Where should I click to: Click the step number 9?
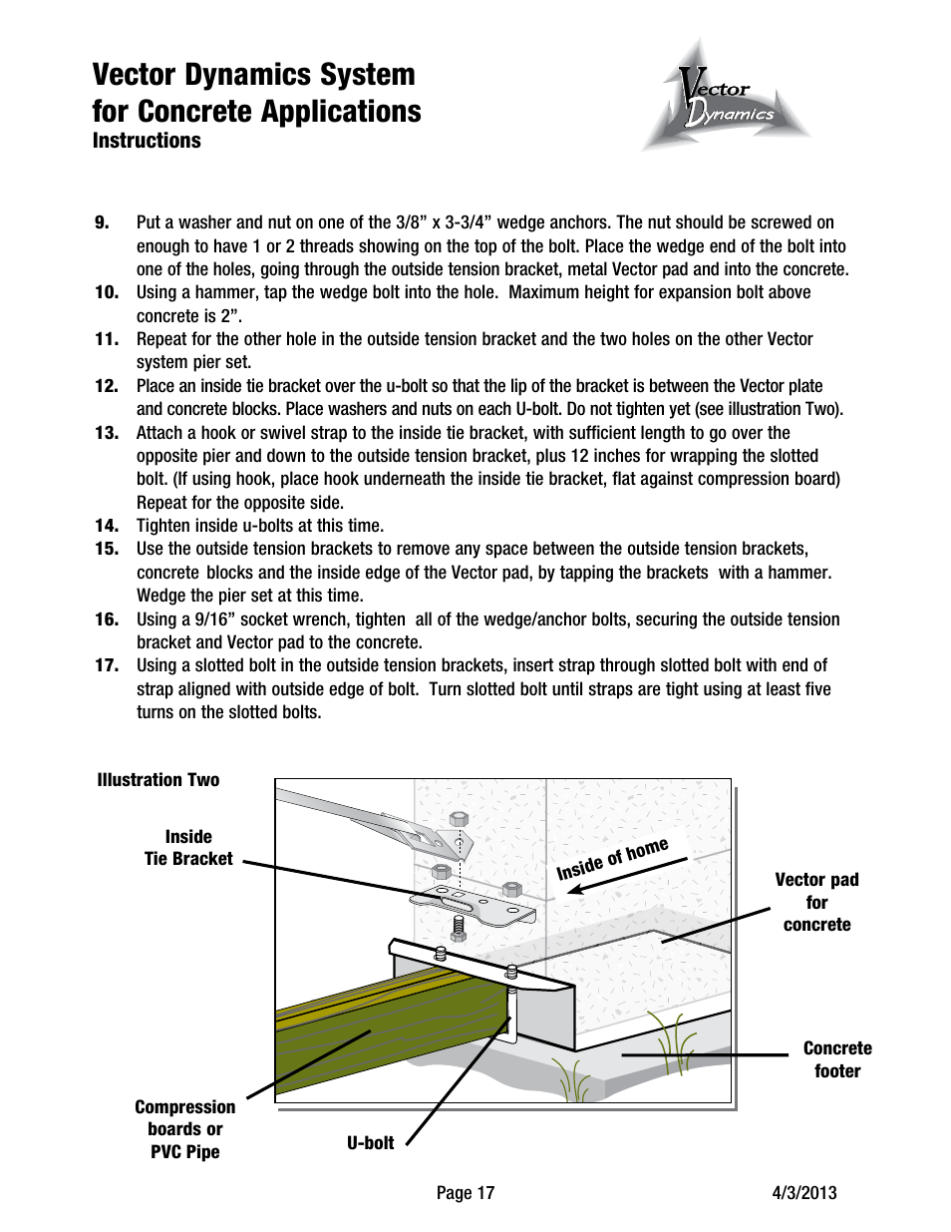click(x=102, y=222)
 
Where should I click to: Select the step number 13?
click(x=106, y=433)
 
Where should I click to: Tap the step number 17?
click(x=106, y=665)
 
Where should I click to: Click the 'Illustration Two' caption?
click(x=158, y=780)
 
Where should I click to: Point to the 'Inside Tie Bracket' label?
click(x=188, y=848)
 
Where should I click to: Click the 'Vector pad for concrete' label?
click(x=816, y=902)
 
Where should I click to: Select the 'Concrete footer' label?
click(x=836, y=1059)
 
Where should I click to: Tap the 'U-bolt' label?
click(x=370, y=1143)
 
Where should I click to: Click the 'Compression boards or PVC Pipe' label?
click(x=185, y=1129)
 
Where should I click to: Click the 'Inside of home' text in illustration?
click(x=612, y=858)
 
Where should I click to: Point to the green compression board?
click(x=389, y=1027)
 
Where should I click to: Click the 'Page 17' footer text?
click(x=465, y=1193)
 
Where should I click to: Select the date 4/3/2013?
click(x=804, y=1193)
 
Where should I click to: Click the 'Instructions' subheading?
click(x=147, y=141)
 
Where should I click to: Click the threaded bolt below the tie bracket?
click(x=458, y=928)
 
